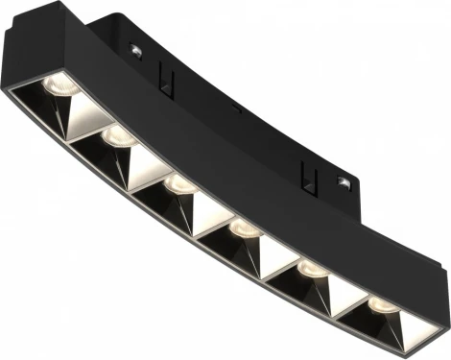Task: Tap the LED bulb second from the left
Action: (117, 136)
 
